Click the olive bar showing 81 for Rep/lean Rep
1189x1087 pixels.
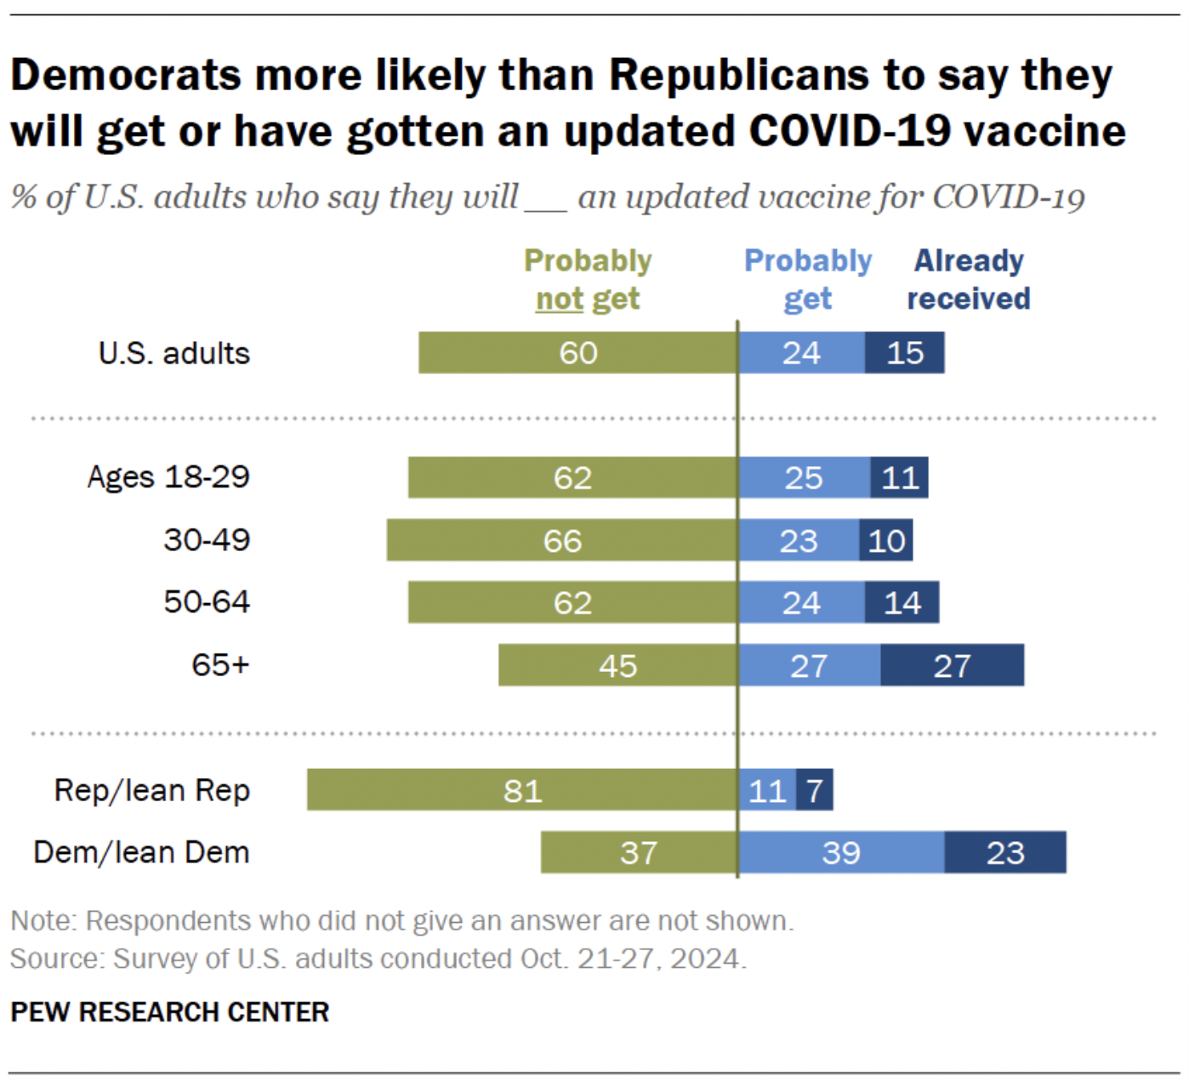click(522, 789)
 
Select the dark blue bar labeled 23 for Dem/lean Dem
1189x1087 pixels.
click(1005, 852)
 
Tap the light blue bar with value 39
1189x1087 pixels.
click(842, 852)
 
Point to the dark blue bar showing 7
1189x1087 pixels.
click(815, 789)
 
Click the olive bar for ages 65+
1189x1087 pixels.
click(617, 665)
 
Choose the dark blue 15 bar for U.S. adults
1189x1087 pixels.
click(904, 352)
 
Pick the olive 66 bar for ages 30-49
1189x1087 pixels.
click(562, 539)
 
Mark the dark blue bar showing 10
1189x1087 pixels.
click(886, 539)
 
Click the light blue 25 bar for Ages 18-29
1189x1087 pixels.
click(805, 477)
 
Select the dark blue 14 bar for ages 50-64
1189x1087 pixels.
click(902, 602)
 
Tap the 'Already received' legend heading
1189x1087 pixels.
click(969, 279)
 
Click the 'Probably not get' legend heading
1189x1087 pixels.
click(588, 279)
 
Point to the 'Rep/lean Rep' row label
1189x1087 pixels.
click(152, 790)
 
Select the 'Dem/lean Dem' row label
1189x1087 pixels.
click(142, 852)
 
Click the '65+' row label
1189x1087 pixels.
click(220, 665)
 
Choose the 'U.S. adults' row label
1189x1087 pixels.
click(174, 353)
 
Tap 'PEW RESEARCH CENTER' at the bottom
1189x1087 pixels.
click(170, 1011)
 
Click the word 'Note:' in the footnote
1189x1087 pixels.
click(44, 920)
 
